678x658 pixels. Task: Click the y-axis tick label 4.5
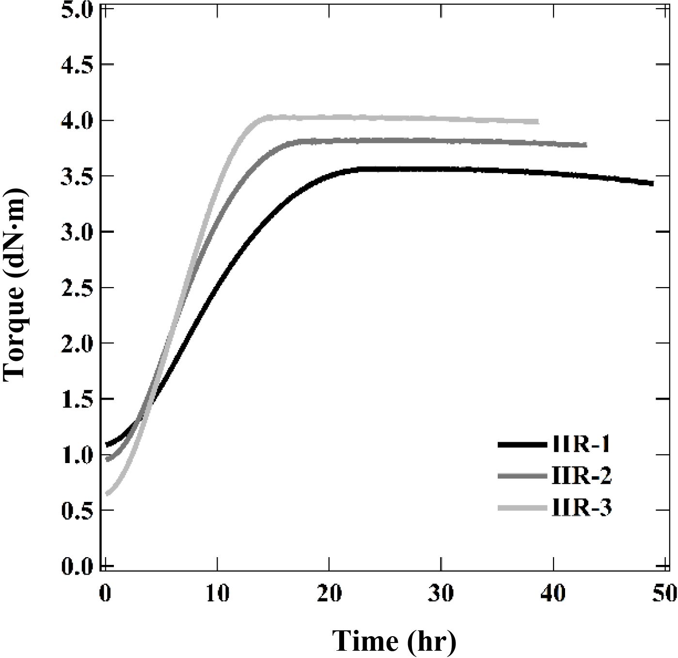point(77,65)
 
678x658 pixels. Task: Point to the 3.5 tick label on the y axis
point(77,177)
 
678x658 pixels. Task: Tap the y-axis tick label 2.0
point(77,344)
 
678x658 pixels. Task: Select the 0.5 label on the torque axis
point(77,511)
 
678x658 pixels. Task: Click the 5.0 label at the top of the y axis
point(77,11)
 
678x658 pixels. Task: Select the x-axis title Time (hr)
point(394,641)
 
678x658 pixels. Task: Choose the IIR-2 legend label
point(582,477)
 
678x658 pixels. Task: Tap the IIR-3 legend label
point(582,509)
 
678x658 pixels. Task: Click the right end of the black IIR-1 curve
point(652,183)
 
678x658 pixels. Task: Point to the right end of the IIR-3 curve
point(537,121)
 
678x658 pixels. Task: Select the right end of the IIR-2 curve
point(585,145)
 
